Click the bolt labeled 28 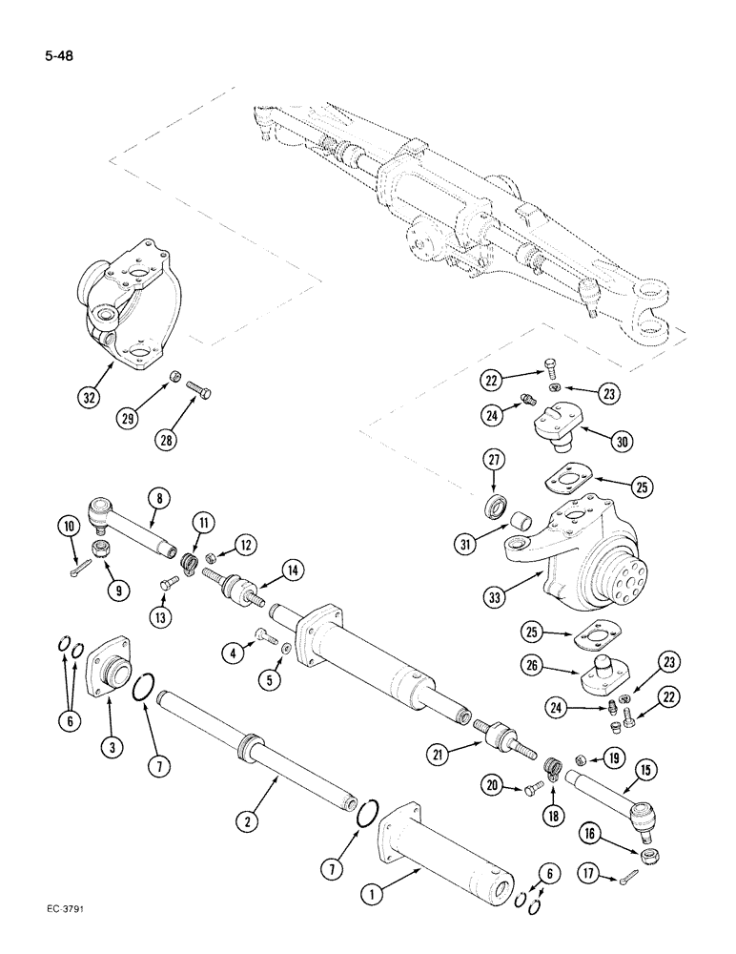(198, 391)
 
